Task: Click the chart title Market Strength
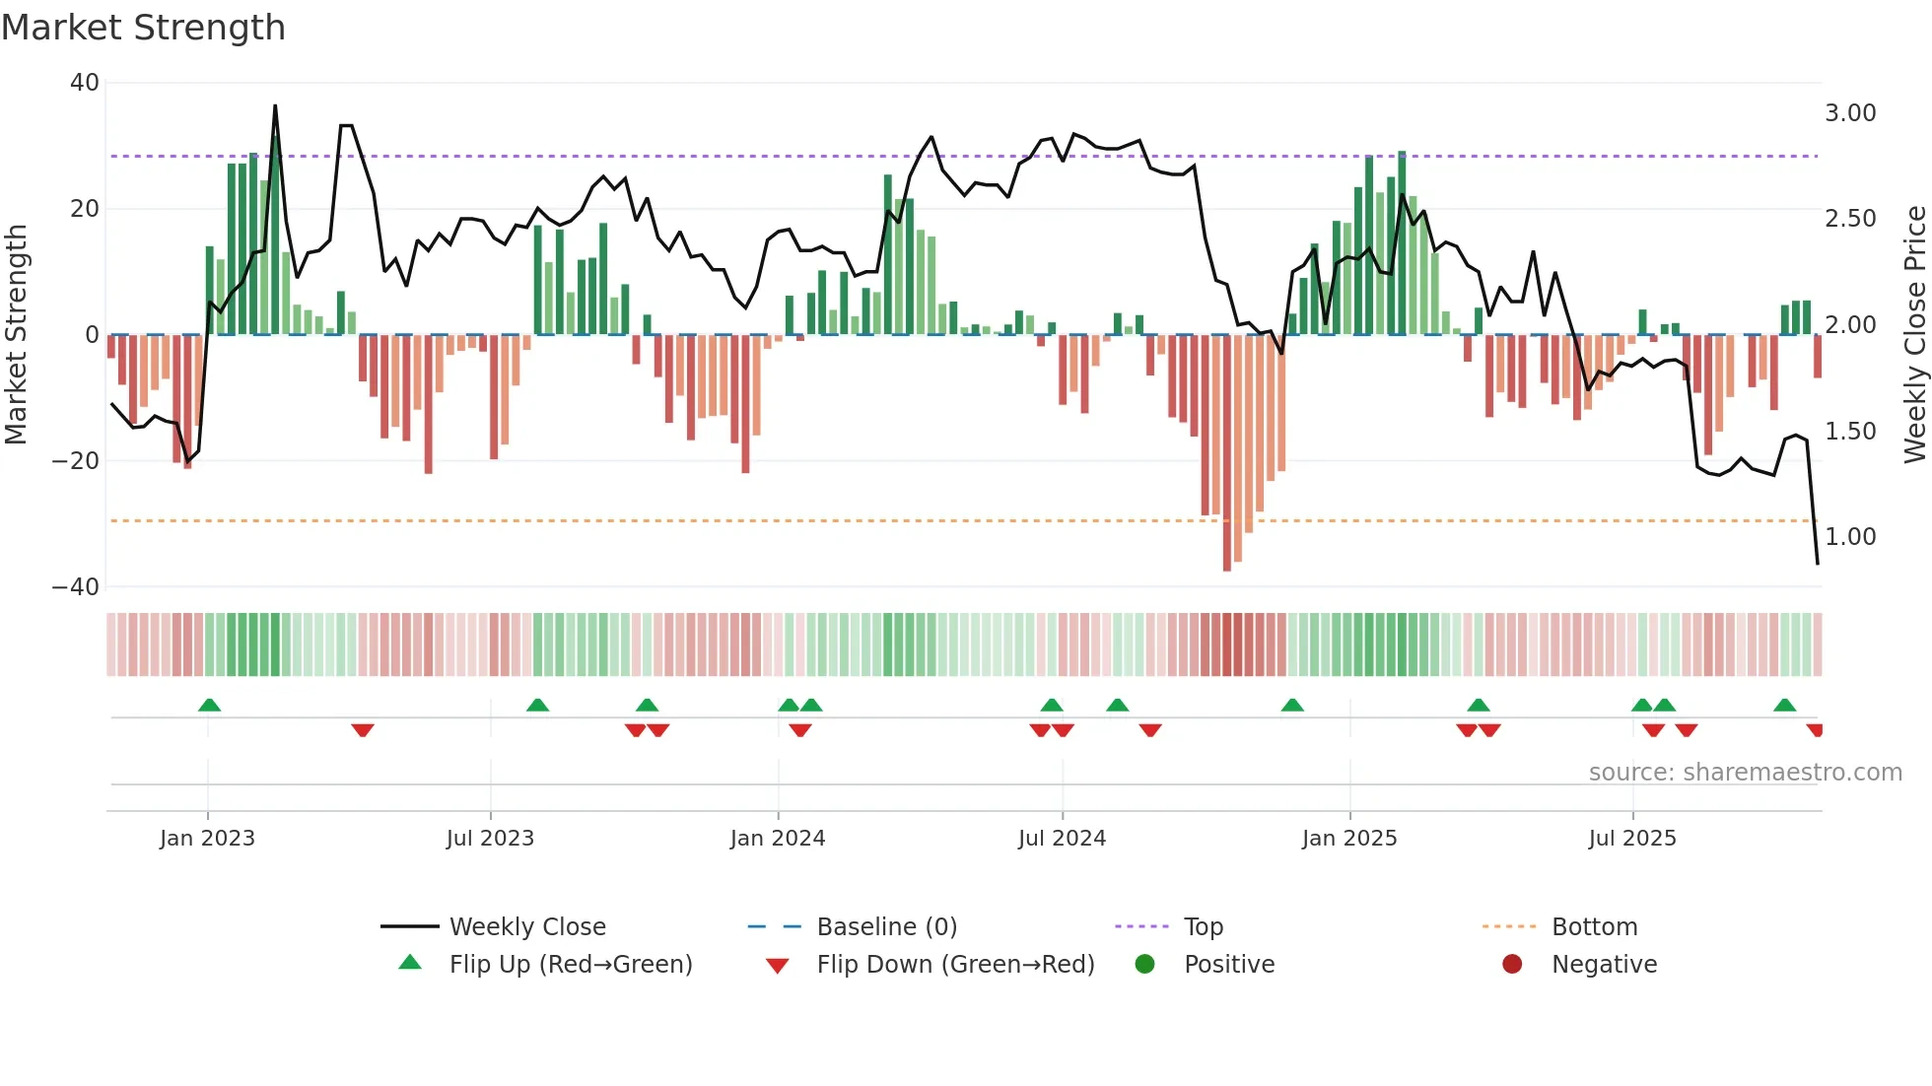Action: [143, 28]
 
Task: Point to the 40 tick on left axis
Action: [85, 83]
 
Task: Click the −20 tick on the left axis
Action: [76, 461]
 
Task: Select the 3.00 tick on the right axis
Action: [1850, 113]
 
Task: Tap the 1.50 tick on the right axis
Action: [1850, 432]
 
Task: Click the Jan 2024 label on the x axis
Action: [778, 839]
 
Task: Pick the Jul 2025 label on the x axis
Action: [1632, 839]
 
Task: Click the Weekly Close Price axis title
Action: [1914, 335]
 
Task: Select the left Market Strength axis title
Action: [17, 335]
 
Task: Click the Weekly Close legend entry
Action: [527, 927]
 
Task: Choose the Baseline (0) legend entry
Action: [886, 927]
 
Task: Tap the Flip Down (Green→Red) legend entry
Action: [955, 965]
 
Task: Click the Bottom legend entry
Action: [1594, 927]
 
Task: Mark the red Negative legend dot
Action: [1512, 965]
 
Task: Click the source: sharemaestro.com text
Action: [1745, 773]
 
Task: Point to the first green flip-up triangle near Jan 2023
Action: [209, 705]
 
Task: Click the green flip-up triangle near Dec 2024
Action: [1292, 705]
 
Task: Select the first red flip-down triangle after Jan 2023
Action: [363, 730]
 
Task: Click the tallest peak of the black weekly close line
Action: [275, 106]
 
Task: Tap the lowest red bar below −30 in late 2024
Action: [1227, 567]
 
